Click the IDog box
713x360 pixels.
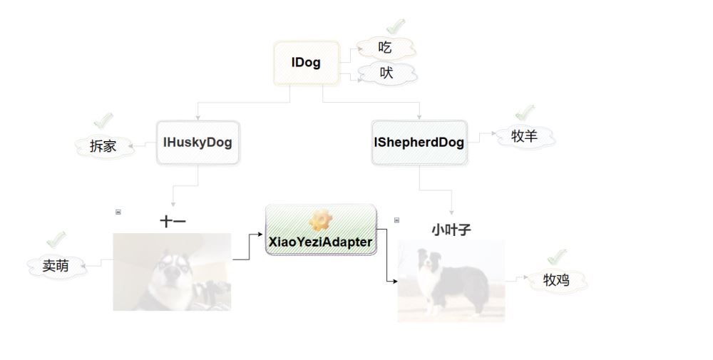(305, 63)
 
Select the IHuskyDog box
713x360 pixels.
(198, 143)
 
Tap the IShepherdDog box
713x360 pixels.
(419, 143)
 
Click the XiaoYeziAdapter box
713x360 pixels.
(320, 230)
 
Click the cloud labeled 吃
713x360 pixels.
(386, 48)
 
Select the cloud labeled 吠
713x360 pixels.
(386, 73)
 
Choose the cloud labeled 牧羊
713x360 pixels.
(524, 136)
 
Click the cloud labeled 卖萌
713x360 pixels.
(56, 266)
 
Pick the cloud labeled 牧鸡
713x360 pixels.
(556, 281)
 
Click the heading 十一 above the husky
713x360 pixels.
(173, 222)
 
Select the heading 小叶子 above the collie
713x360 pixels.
(451, 230)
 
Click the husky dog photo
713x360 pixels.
(172, 272)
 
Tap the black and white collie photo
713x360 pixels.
(451, 281)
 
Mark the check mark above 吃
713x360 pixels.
(394, 26)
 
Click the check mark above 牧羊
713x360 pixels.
(525, 112)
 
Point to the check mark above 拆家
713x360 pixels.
(104, 120)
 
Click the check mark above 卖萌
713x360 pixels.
(56, 240)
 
